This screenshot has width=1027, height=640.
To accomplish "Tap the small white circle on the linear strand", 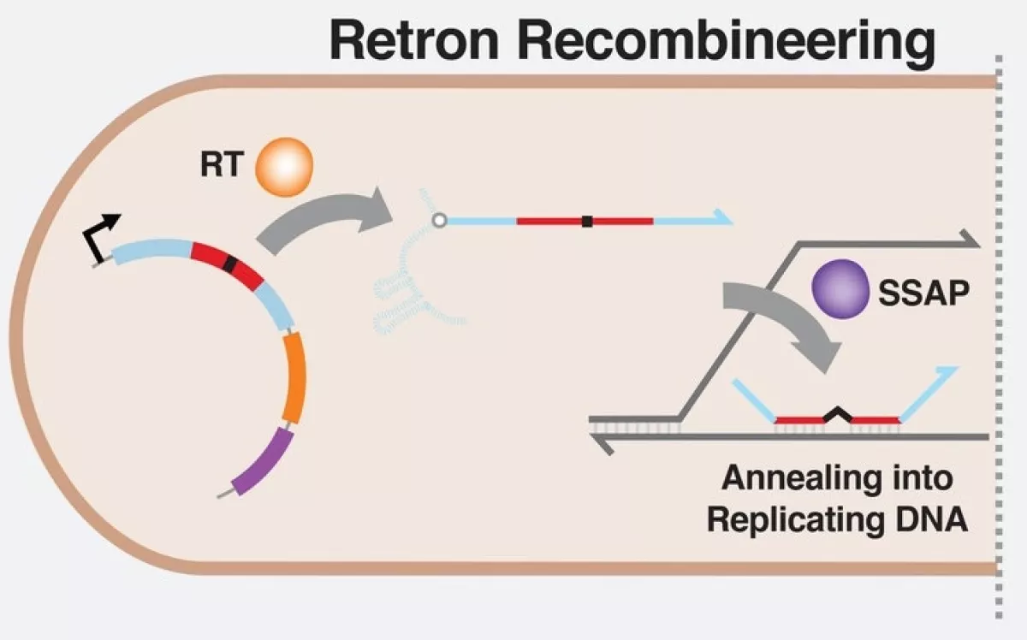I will (x=439, y=221).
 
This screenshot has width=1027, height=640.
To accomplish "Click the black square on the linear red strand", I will (x=587, y=222).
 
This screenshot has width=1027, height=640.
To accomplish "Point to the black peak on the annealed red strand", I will (x=837, y=414).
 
